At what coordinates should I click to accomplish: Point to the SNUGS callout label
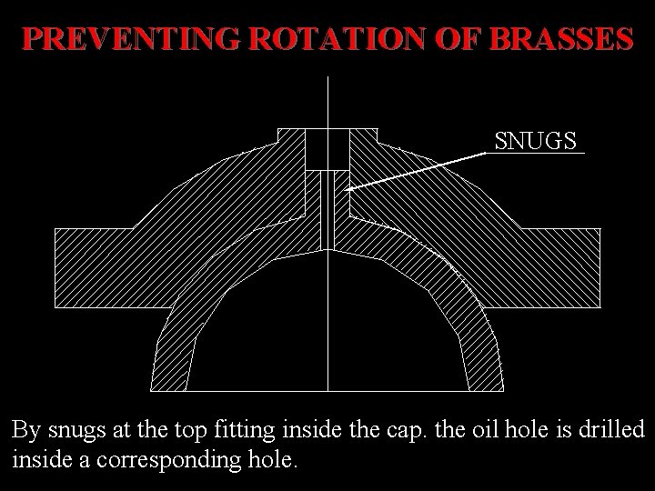pos(536,141)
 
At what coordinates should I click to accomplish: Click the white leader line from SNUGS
pos(418,170)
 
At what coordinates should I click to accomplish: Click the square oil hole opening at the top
pos(327,148)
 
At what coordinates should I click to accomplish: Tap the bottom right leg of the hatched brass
pos(483,364)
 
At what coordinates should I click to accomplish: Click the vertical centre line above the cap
pos(327,100)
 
